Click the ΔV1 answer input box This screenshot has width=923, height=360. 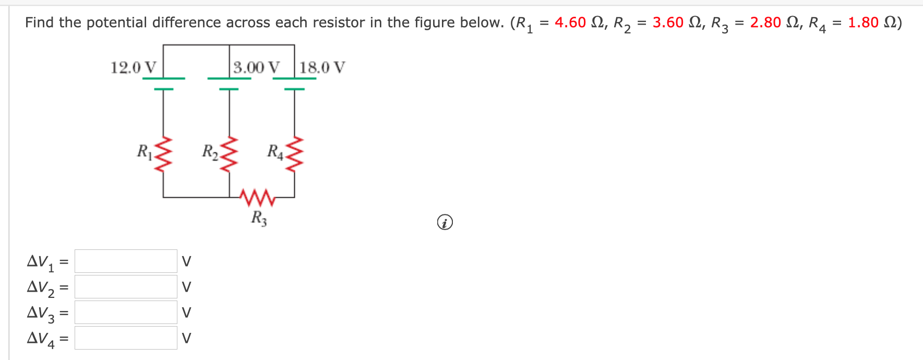126,261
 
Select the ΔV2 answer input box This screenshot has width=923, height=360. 126,286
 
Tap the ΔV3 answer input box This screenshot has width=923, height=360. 126,312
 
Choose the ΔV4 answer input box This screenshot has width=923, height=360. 126,338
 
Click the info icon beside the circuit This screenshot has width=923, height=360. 445,223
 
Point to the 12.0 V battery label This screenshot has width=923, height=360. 133,68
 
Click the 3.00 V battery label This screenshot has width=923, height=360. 256,68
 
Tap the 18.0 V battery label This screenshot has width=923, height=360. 322,68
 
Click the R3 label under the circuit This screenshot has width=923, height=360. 259,218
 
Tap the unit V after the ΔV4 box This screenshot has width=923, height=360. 186,338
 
